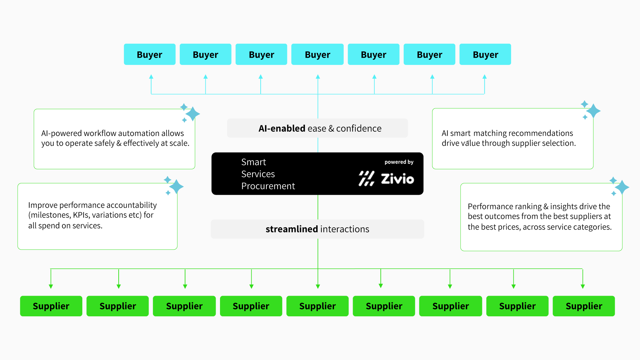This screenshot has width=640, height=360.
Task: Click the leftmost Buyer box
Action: [149, 54]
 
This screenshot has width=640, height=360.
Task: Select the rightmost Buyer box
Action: [485, 54]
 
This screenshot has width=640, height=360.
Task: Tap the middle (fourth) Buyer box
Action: [317, 54]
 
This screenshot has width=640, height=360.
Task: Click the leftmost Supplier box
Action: [51, 306]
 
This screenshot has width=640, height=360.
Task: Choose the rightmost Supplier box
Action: [584, 306]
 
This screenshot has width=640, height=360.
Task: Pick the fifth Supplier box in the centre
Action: [317, 306]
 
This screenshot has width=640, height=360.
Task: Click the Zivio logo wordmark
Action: [397, 179]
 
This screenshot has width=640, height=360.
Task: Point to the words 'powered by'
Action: [399, 162]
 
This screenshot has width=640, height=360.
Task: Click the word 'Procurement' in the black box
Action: [268, 186]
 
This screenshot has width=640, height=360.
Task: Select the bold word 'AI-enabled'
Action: [282, 128]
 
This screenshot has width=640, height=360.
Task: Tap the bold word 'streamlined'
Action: [292, 229]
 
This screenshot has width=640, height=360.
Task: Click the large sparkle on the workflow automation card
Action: [193, 114]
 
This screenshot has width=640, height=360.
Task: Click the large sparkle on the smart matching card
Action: [593, 111]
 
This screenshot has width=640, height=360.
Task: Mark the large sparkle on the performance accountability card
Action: [176, 187]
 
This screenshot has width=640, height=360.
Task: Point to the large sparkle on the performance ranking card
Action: [622, 187]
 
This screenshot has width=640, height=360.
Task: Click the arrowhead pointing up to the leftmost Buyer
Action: [151, 77]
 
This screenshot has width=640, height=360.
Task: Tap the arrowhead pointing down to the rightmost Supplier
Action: [583, 286]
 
